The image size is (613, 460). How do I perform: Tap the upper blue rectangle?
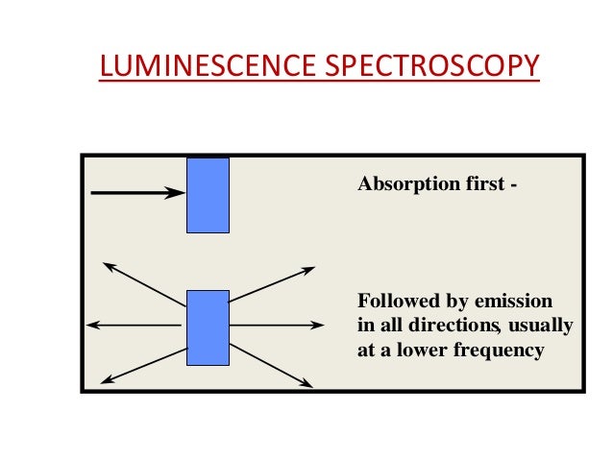coord(208,195)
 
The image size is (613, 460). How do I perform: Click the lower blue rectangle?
coord(208,327)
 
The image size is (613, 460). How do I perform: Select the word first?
coord(479,183)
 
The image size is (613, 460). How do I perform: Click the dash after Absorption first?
coord(512,184)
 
